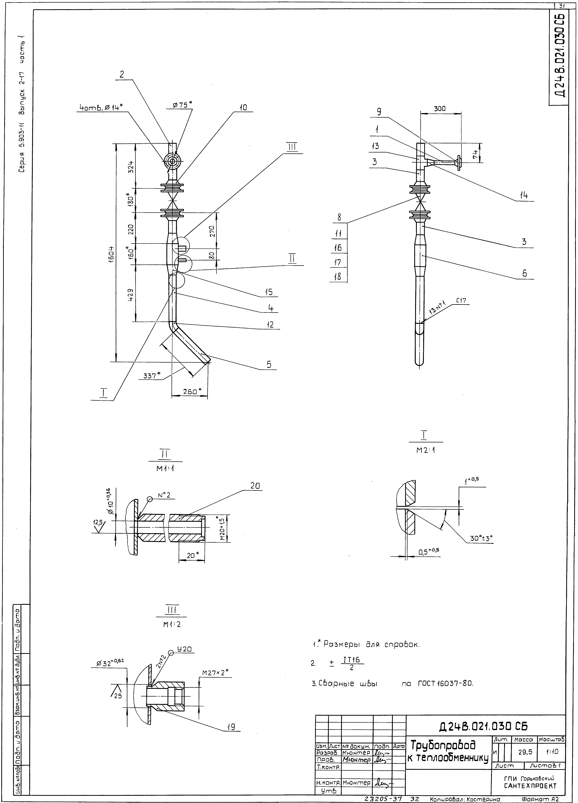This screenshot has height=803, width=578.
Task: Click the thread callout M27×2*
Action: [x=215, y=672]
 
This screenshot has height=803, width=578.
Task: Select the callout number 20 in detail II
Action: [x=255, y=486]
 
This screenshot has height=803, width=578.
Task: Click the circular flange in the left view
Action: [x=172, y=161]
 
